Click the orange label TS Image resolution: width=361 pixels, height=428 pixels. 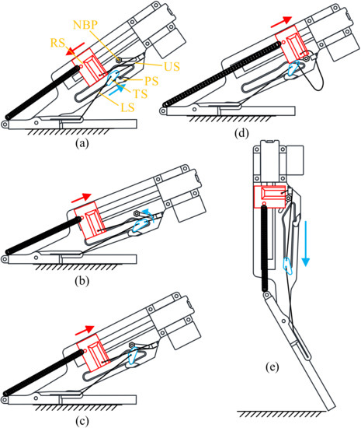[x=142, y=93]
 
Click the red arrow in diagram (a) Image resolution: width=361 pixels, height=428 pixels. [x=71, y=51]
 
